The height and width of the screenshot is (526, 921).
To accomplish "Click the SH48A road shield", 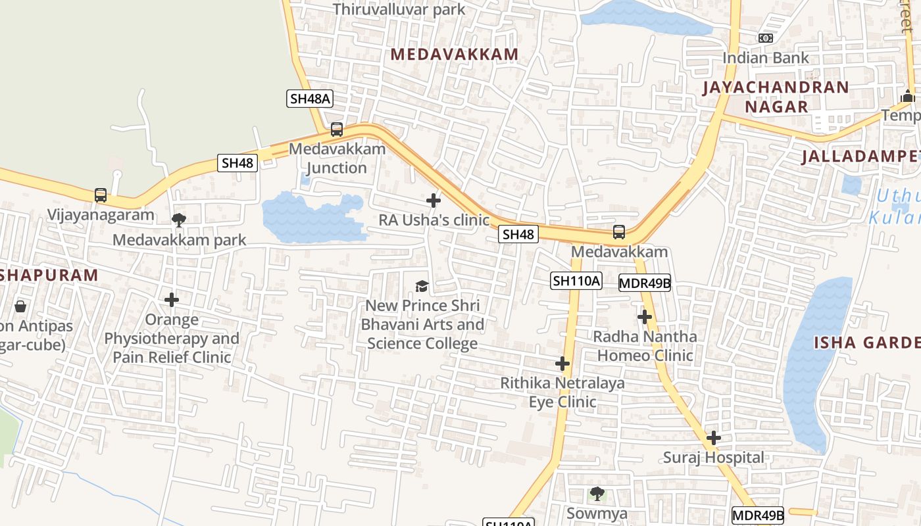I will (310, 99).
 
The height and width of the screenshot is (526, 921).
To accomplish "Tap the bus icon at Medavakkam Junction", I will (337, 130).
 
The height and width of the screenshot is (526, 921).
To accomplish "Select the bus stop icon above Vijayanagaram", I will (100, 195).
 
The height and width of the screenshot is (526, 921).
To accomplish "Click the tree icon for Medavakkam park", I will (178, 220).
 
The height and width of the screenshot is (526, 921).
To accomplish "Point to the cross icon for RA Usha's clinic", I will (434, 201).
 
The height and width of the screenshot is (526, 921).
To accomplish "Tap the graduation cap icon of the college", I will (422, 286).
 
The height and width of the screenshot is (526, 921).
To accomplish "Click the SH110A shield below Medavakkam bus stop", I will (576, 281).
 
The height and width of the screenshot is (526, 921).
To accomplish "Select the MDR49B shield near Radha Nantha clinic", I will (645, 283).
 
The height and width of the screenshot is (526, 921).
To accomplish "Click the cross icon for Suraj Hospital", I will (714, 438).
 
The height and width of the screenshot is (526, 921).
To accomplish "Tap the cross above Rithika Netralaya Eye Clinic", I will (562, 364).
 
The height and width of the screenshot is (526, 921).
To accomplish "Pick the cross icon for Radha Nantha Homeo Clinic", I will (645, 318).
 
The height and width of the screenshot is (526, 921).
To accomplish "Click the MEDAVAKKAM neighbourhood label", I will (455, 55).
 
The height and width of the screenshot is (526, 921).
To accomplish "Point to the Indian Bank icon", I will (765, 39).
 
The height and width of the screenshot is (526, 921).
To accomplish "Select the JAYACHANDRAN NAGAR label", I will (776, 97).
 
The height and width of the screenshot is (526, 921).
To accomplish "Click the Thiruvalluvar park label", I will (399, 9).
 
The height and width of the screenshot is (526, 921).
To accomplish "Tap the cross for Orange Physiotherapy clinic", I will (172, 300).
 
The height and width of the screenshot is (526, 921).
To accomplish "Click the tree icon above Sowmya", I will (597, 493).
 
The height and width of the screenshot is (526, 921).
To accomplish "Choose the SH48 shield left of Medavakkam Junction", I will (237, 163).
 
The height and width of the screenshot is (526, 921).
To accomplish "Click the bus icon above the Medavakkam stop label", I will (619, 232).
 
